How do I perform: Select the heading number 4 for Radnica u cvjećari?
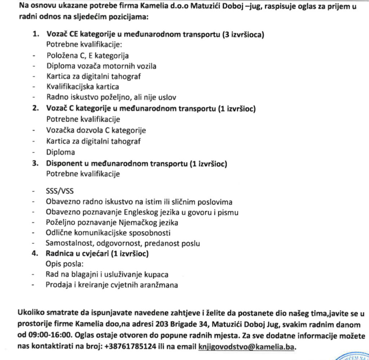tap(35, 254)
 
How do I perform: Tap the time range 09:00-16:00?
tap(41, 336)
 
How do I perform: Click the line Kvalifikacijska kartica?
tap(83, 87)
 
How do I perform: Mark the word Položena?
tap(61, 56)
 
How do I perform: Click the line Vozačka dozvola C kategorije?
tap(96, 130)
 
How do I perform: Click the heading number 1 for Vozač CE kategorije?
tap(35, 35)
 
